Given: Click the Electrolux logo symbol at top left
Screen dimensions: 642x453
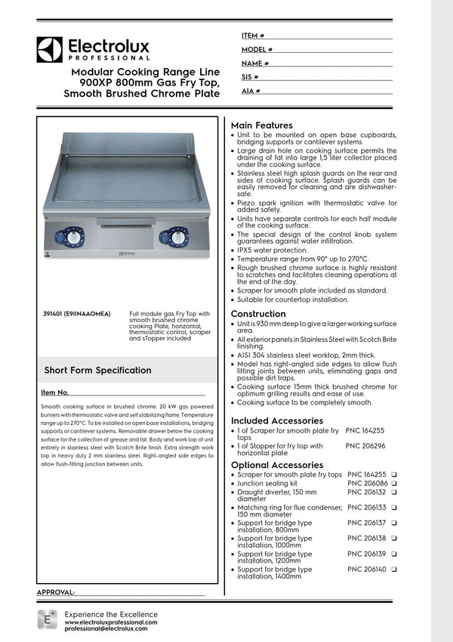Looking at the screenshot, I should point(50,49).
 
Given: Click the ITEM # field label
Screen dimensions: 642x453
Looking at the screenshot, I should point(252,36).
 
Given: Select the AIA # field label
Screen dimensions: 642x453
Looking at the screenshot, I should point(251,91).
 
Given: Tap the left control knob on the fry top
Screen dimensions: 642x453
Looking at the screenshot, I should point(73,237).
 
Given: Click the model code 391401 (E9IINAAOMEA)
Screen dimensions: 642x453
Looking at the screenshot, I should point(78,313).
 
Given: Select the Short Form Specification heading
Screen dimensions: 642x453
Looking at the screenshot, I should point(97,371).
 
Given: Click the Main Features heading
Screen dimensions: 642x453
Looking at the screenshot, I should point(261,125).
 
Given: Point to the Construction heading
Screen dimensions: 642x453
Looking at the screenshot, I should point(258,314).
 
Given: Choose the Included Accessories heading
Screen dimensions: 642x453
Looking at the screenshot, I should point(276,420).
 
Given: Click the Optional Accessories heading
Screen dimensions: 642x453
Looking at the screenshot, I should point(276,465).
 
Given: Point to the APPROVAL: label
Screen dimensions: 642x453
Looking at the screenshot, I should point(56,592).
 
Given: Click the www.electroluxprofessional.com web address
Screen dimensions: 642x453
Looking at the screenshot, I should point(111,622).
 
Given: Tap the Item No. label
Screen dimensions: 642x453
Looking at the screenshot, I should point(55,392).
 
